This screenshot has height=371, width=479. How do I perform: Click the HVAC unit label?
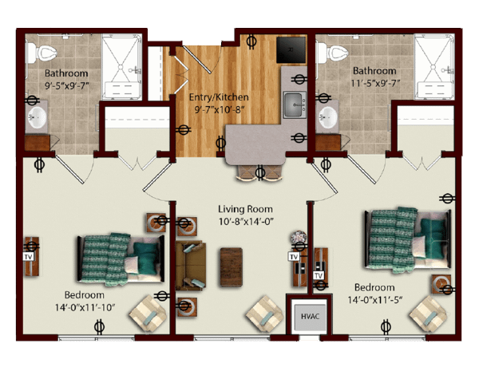click(x=310, y=316)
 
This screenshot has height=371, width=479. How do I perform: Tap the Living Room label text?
click(x=245, y=210)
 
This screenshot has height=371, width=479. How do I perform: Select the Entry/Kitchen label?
click(x=219, y=97)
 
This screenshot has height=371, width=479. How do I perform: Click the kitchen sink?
click(x=295, y=105)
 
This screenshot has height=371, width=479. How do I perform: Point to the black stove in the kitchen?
click(x=291, y=49)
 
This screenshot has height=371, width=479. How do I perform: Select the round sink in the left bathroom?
click(x=38, y=117)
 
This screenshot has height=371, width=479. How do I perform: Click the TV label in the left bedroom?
click(x=29, y=257)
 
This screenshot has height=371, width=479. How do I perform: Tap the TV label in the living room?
click(x=294, y=257)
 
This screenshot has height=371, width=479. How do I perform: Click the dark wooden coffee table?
click(x=232, y=266)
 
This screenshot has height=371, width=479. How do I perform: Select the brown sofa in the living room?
click(x=190, y=265)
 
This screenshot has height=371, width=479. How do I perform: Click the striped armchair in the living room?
click(x=264, y=314)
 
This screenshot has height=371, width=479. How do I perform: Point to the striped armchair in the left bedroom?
click(x=148, y=313)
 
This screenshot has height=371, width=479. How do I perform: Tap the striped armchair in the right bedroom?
click(x=428, y=314)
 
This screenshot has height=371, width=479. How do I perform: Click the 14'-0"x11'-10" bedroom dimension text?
click(x=85, y=307)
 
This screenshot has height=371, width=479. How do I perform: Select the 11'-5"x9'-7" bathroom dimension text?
click(x=375, y=83)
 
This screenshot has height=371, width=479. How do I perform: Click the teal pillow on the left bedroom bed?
click(x=145, y=259)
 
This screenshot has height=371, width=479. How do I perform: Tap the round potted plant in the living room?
click(x=299, y=237)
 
